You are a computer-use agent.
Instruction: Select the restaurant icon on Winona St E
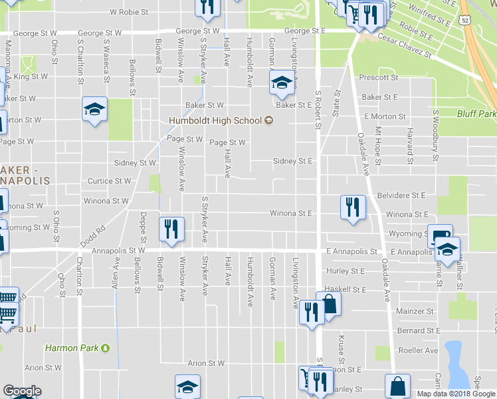[352, 207]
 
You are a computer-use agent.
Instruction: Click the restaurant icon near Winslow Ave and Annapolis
[171, 229]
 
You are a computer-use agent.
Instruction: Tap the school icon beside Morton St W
[94, 109]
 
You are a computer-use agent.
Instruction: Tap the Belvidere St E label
[400, 196]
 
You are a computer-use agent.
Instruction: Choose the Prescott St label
[378, 78]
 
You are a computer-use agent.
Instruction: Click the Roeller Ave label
[418, 350]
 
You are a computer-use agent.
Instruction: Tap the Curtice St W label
[110, 181]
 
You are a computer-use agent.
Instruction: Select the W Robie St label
[131, 12]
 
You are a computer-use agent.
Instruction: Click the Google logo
[23, 391]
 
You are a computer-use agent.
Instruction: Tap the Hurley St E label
[346, 271]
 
